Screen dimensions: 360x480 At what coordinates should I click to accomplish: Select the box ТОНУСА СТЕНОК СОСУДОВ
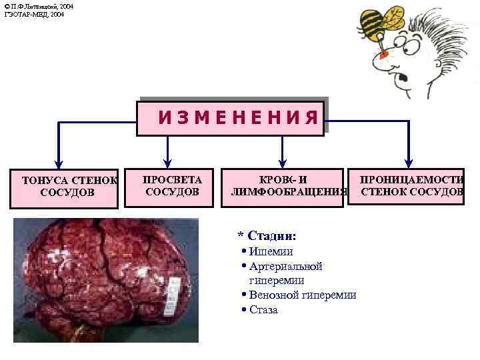(67, 187)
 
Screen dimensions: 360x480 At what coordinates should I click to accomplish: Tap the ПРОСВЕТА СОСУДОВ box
(172, 186)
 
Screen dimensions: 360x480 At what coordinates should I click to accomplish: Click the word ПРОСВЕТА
(172, 179)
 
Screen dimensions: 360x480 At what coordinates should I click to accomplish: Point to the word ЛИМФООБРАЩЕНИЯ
(288, 193)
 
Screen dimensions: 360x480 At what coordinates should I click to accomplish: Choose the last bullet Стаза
(263, 310)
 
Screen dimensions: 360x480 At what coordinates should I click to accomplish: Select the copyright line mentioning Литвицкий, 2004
(39, 6)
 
